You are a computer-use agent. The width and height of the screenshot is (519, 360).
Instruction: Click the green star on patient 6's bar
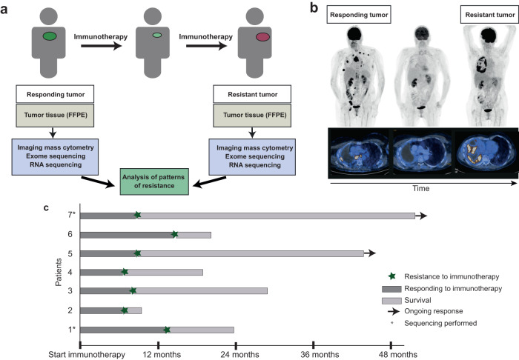point(175,234)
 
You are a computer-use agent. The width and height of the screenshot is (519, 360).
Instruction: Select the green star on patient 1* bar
point(167,330)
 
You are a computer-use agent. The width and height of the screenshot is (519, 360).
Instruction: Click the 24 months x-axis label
point(236,355)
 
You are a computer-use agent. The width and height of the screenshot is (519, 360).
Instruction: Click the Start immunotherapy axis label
point(80,355)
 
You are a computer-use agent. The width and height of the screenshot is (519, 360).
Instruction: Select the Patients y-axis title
point(60,272)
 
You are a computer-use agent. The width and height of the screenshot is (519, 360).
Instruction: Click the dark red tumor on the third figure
point(264,36)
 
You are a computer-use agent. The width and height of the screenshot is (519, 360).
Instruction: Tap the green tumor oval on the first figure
point(50,36)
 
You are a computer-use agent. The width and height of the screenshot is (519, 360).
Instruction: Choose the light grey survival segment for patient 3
point(201,291)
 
